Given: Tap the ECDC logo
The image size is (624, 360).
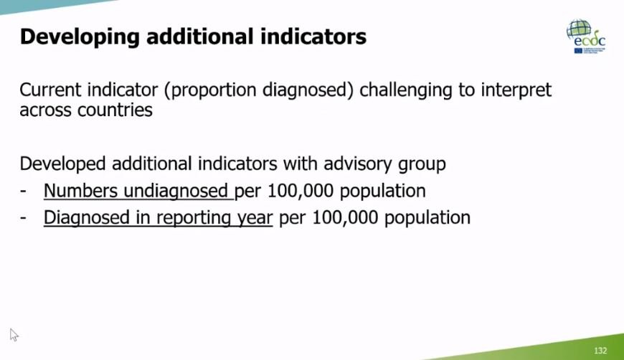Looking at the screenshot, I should point(586,37).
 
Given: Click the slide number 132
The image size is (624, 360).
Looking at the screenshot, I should point(600,351).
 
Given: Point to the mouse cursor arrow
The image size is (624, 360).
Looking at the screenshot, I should point(14,334).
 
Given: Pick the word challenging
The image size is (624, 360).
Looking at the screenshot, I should point(413,91).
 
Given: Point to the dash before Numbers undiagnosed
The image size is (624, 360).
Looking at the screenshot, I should point(24,191).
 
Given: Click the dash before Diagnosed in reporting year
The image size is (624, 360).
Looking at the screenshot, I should point(24,218).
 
